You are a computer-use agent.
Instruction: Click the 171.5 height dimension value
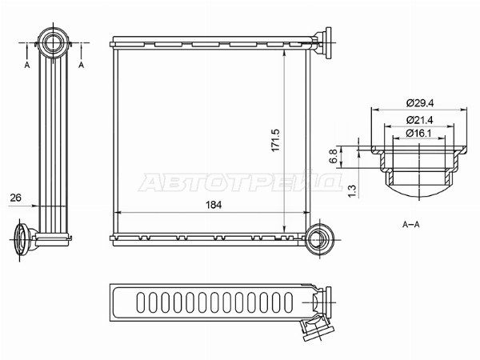(x=275, y=140)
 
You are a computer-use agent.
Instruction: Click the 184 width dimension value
(x=214, y=205)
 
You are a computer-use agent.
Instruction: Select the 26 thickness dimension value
(x=16, y=198)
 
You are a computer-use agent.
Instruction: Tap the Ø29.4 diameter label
(x=420, y=103)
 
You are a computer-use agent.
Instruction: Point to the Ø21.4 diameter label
(x=420, y=120)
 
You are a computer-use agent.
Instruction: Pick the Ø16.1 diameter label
(x=418, y=134)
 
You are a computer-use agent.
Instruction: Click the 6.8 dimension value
(x=334, y=156)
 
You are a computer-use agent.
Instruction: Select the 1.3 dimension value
(x=352, y=191)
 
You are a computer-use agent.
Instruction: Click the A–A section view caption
(x=411, y=224)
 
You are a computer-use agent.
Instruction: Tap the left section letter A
(x=27, y=65)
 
